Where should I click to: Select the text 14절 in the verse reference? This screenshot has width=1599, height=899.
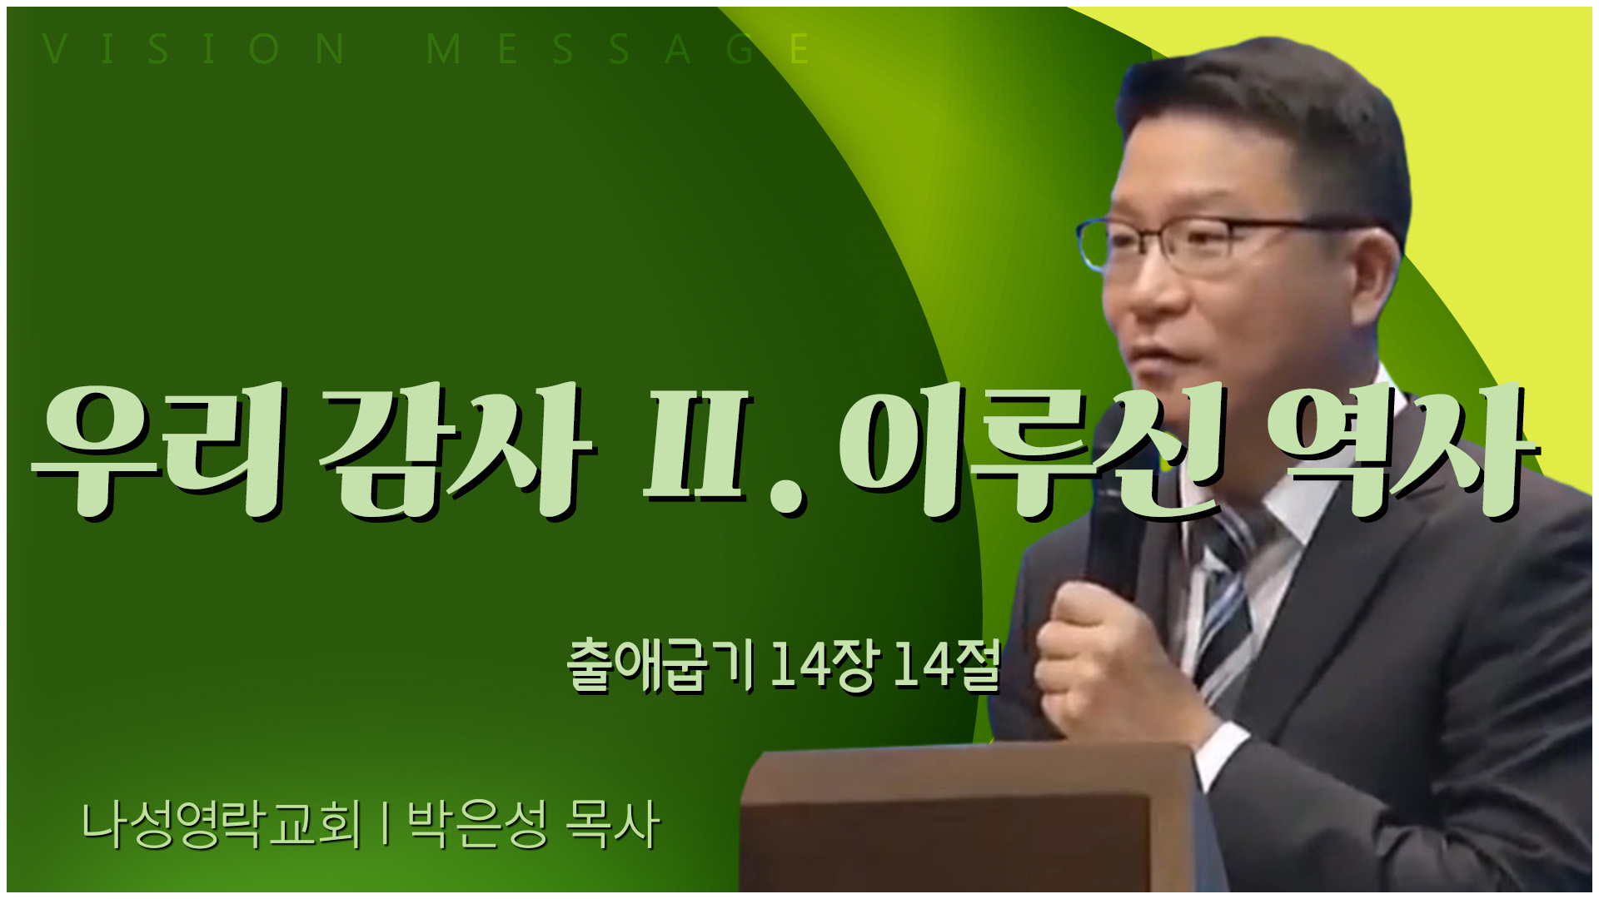click(946, 666)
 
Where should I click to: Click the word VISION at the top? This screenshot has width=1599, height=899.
click(195, 50)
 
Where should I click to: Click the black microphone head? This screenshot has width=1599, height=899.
click(1116, 533)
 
